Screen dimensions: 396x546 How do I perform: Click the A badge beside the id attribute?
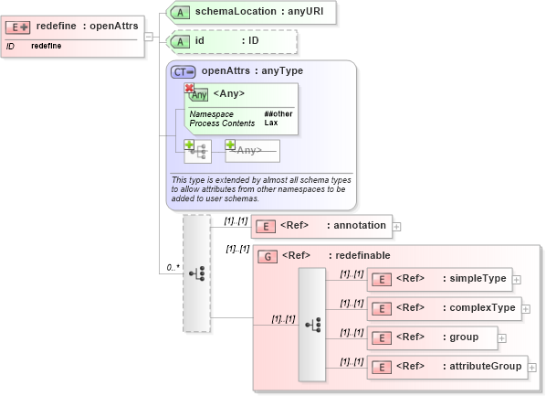183,41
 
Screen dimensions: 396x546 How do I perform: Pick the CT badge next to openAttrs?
184,71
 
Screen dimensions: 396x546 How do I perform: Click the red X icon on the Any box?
189,88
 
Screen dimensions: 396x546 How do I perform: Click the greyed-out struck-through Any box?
252,150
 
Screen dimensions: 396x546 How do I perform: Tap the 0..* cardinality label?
172,268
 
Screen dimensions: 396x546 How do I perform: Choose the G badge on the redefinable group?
268,256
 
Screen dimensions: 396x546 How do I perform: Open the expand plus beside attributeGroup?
532,368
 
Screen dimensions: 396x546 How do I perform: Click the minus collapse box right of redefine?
150,37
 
